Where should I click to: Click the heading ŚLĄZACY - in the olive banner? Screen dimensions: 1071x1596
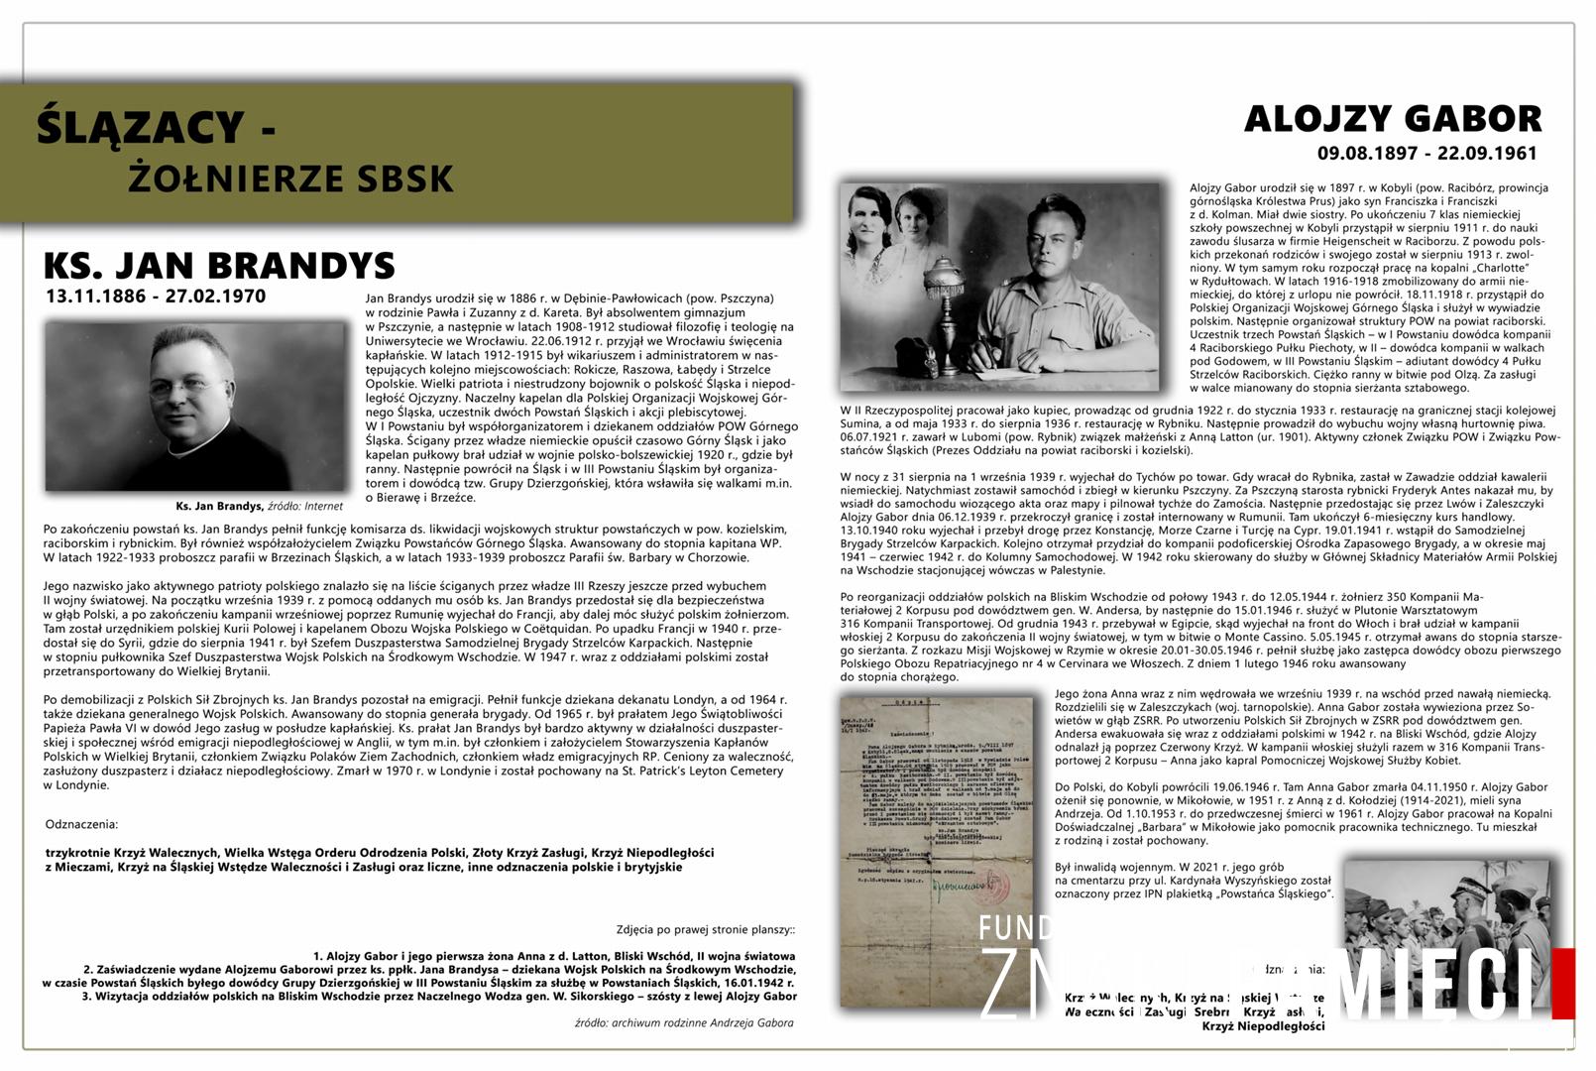coord(155,126)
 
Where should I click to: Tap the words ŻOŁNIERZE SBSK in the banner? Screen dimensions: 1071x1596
coord(290,178)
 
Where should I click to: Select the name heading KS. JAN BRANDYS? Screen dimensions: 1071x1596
coord(219,266)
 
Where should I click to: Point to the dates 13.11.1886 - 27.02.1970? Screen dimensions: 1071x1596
coord(155,296)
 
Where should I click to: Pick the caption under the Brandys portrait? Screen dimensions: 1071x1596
coord(259,506)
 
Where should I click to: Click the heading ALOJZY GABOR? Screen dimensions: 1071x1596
coord(1392,119)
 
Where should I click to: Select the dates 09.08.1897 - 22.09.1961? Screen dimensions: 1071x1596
coord(1426,153)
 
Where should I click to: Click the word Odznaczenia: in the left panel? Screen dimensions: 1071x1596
coord(81,824)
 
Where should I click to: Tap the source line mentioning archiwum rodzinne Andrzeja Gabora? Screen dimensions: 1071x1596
coord(684,1022)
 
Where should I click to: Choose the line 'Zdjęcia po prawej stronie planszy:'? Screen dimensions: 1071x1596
coord(705,929)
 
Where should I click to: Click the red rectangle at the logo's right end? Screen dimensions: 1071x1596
coord(1562,983)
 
